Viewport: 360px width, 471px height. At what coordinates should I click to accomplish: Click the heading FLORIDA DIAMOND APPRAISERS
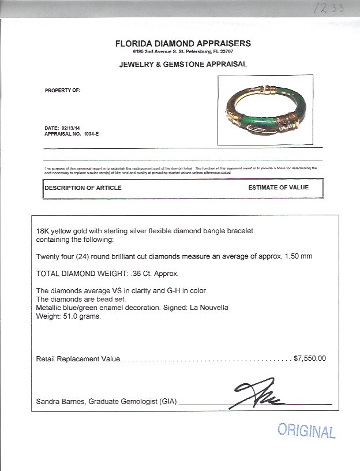pos(183,43)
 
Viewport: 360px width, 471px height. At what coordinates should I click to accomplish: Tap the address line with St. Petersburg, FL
pos(183,52)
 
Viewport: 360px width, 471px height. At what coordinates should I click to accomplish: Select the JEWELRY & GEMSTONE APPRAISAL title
pos(183,64)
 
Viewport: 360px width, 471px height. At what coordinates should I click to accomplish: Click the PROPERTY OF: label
pos(62,91)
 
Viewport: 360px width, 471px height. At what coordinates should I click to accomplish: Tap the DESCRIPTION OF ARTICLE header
pos(83,188)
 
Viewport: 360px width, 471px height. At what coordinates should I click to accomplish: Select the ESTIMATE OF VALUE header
pos(278,188)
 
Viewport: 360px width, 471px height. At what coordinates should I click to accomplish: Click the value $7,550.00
pos(310,358)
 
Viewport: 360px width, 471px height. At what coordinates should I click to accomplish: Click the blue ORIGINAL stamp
pos(306,431)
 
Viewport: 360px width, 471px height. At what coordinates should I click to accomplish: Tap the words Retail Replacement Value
pos(78,358)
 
